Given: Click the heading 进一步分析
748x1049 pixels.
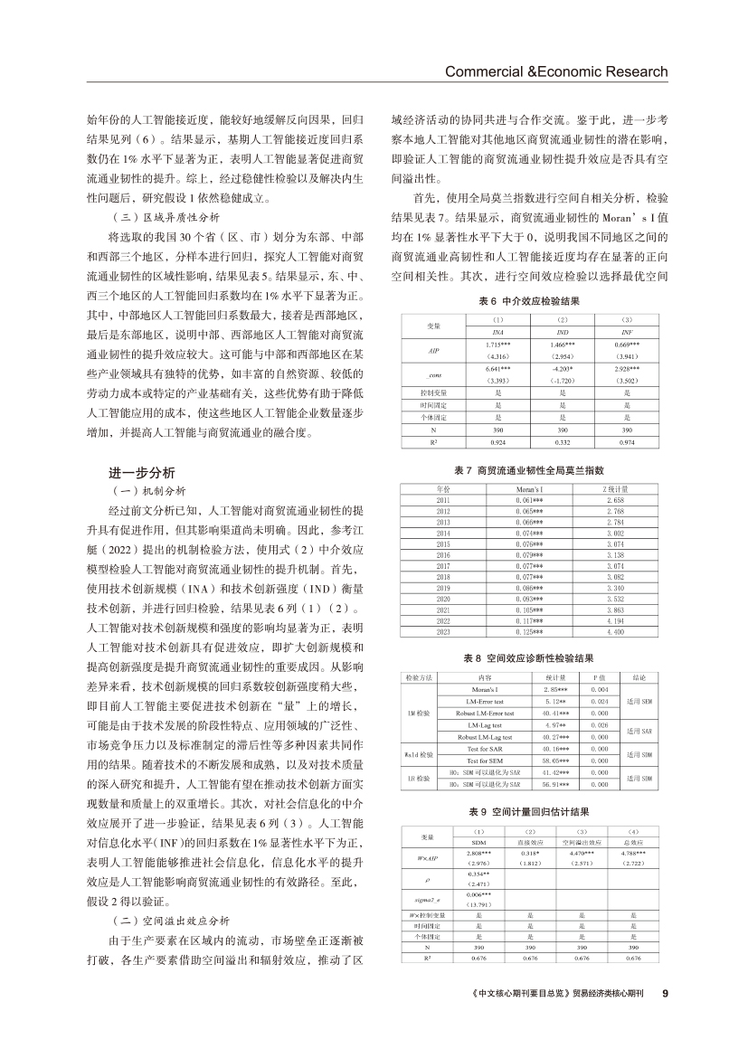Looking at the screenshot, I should pos(143,473).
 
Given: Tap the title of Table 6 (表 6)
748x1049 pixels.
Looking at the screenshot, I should pos(528,300).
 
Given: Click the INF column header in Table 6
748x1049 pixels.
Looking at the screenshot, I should pos(627,333).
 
